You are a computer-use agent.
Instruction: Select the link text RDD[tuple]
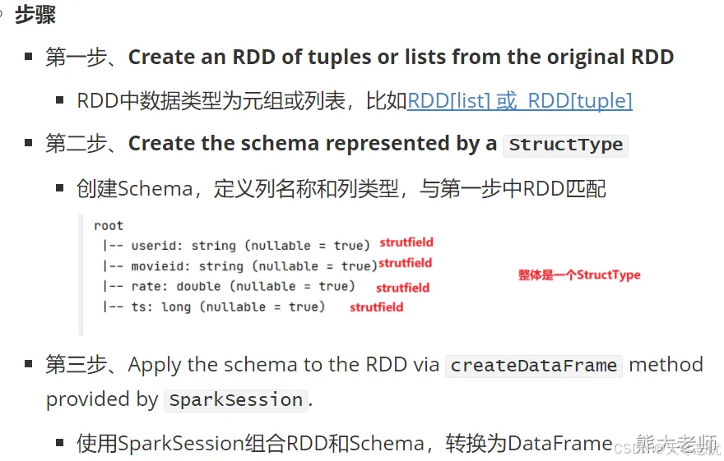click(580, 101)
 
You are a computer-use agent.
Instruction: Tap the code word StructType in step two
click(565, 145)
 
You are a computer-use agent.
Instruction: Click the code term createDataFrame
click(534, 366)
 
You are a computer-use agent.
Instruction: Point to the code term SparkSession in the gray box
click(234, 401)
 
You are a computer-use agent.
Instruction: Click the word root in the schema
click(109, 225)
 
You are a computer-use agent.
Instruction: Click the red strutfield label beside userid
click(406, 242)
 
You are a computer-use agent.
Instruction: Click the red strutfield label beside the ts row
click(376, 307)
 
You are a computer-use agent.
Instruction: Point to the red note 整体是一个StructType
click(578, 275)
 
